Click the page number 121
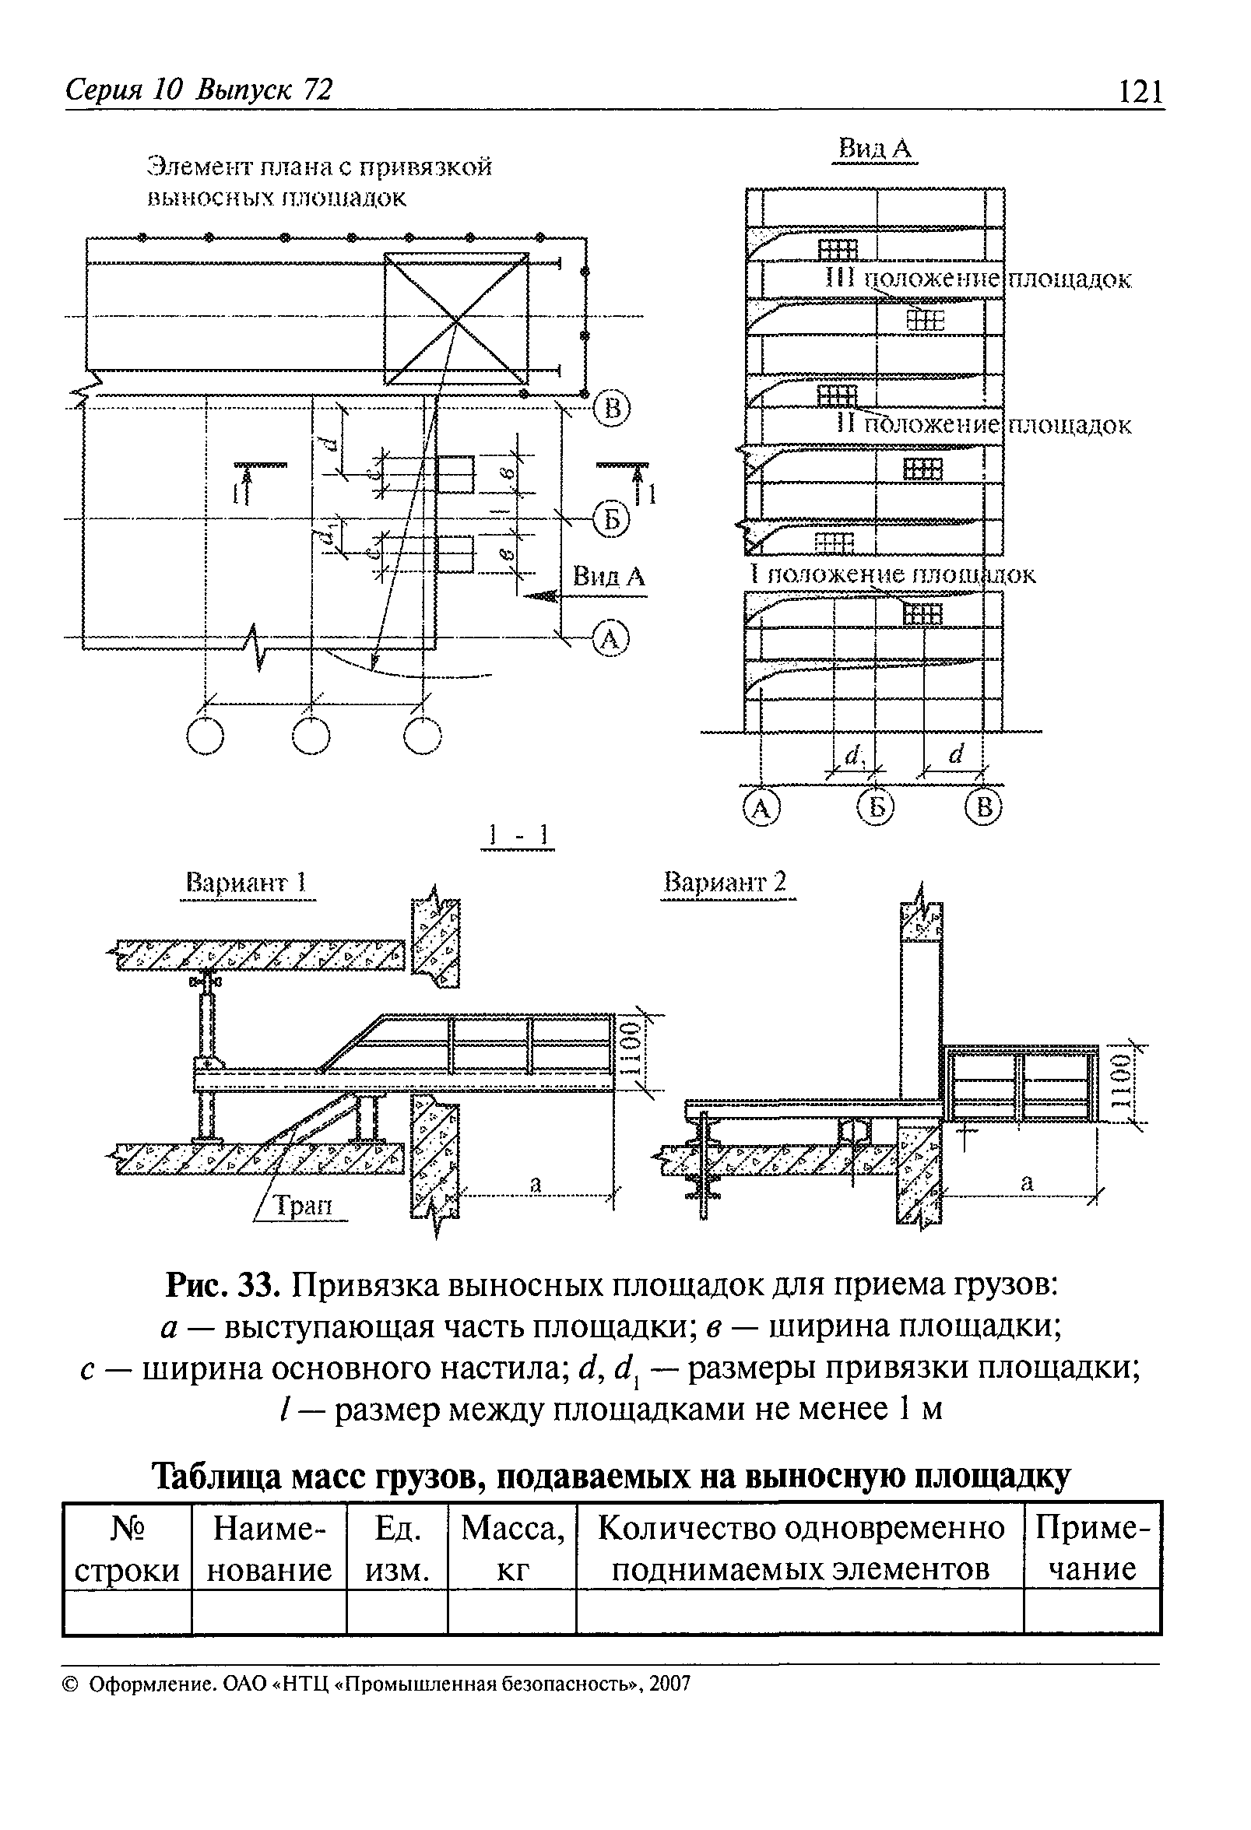(x=1140, y=92)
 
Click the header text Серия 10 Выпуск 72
(x=199, y=90)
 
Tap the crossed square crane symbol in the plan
(x=457, y=319)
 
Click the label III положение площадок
(x=979, y=279)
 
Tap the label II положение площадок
(x=983, y=425)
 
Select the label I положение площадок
(x=893, y=574)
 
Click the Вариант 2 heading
(x=725, y=881)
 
